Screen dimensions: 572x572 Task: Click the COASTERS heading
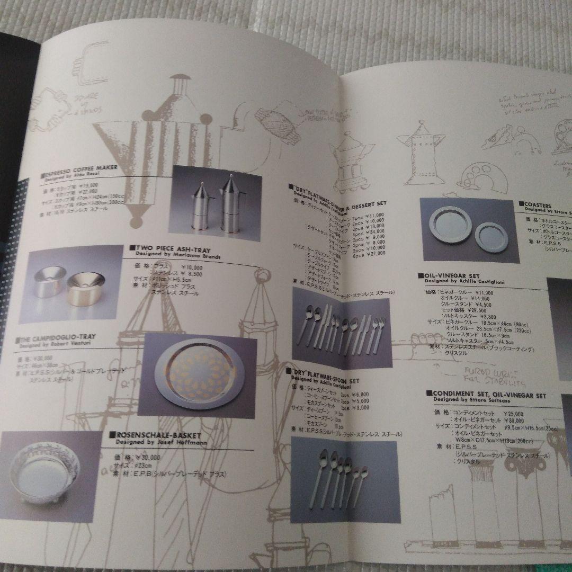click(x=538, y=204)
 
